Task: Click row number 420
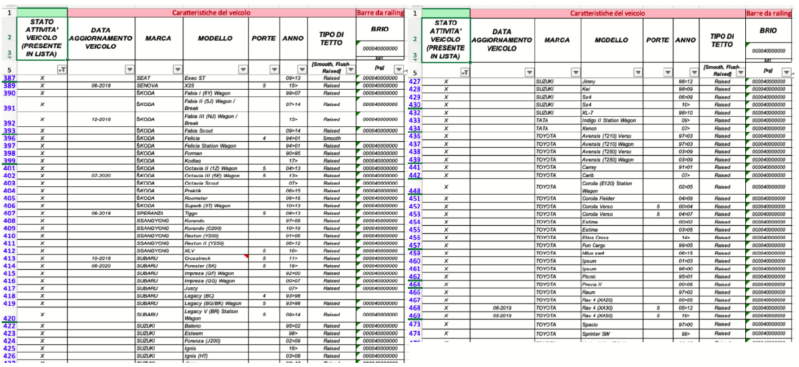coord(9,318)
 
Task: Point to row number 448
coord(413,190)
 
